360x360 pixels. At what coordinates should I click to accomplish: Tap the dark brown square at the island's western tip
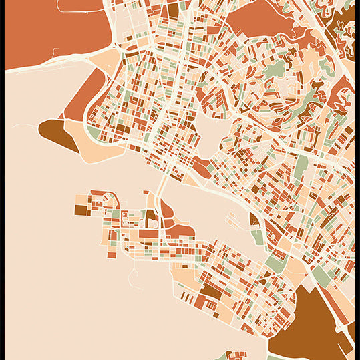pyautogui.click(x=80, y=210)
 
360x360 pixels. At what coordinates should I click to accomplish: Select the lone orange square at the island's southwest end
pyautogui.click(x=112, y=252)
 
